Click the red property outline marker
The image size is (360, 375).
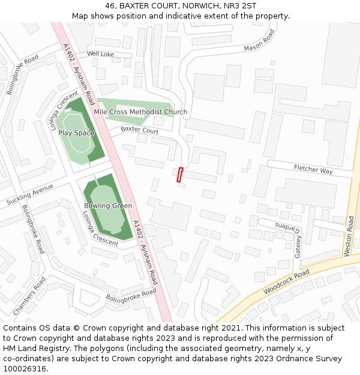[179, 175]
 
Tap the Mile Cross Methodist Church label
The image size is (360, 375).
[140, 112]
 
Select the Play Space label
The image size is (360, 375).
[76, 133]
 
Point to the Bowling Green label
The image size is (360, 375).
[108, 206]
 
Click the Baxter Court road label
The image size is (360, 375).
[139, 130]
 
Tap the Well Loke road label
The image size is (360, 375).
[100, 54]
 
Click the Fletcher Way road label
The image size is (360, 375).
[313, 170]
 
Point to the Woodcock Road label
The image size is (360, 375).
[286, 282]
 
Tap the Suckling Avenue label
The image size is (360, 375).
[30, 195]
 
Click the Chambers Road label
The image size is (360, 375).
[29, 296]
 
